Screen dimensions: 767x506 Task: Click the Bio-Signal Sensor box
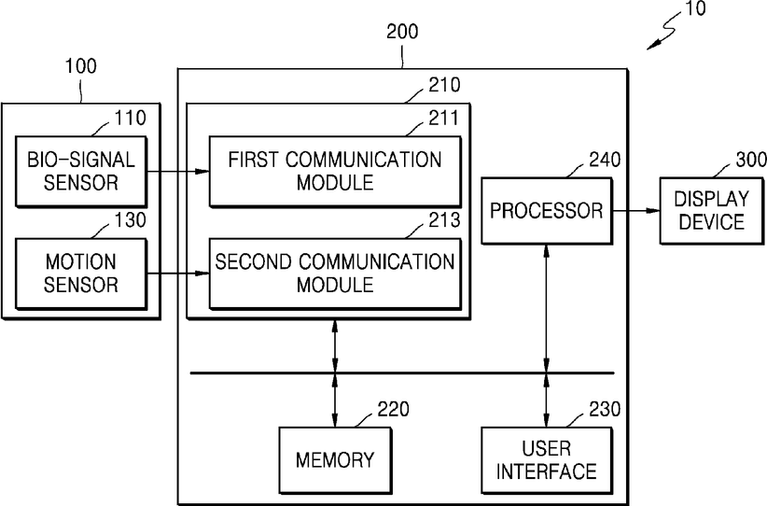tap(81, 171)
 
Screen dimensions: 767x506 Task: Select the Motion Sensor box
tap(81, 274)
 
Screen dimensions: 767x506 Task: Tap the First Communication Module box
tap(335, 171)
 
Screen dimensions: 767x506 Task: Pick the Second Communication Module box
tap(335, 274)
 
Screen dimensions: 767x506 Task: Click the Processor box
tap(547, 211)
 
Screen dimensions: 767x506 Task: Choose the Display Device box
tap(711, 211)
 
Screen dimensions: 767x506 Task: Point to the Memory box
tap(335, 460)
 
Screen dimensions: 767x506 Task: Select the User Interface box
tap(547, 460)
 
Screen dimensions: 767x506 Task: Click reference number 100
tap(81, 66)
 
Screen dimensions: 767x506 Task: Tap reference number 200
tap(402, 32)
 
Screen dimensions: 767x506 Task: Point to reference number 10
tap(694, 8)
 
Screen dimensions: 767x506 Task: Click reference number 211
tap(444, 118)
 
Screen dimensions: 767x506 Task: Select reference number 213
tap(444, 220)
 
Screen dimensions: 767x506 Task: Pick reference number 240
tap(605, 160)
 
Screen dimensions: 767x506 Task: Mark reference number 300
tap(751, 160)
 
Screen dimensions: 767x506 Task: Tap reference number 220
tap(393, 409)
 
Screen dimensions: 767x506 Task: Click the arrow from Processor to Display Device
tap(635, 211)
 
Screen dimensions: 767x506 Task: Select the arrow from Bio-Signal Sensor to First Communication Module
tap(178, 171)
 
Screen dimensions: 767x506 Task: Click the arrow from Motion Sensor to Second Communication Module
tap(178, 274)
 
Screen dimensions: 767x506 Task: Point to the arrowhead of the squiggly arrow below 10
tap(648, 49)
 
